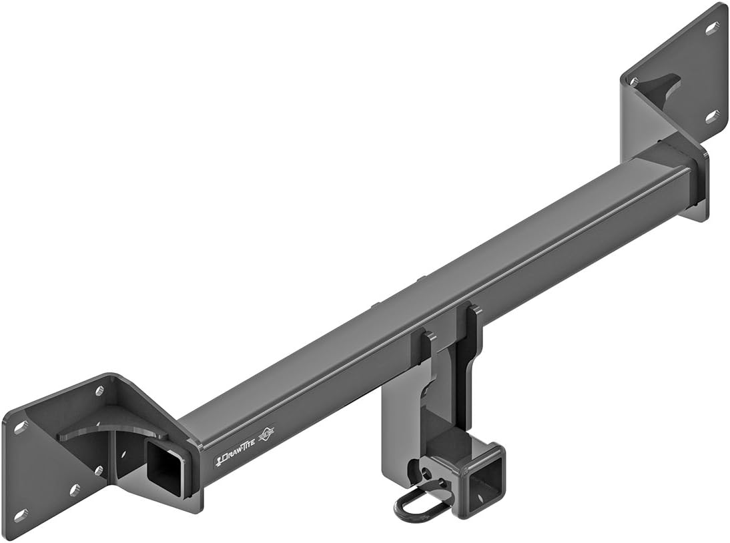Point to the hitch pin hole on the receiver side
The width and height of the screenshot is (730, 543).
(x=422, y=474)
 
